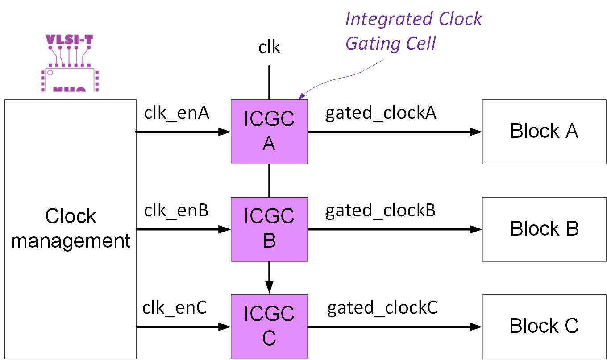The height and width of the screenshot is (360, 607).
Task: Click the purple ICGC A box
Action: [x=269, y=132]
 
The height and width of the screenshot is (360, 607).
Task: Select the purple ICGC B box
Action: [x=269, y=229]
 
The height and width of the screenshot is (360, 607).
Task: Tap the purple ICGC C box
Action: [x=269, y=327]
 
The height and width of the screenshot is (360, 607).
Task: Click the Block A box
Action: [x=544, y=132]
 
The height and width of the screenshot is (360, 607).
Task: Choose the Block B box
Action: [x=544, y=229]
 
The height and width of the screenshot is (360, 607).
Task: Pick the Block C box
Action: [x=544, y=327]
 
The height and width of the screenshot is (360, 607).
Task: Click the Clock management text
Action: [x=71, y=228]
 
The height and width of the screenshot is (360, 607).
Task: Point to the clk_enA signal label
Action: [x=176, y=114]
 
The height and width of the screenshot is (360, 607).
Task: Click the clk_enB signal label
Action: [x=176, y=211]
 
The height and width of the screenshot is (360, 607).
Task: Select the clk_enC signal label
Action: [x=175, y=308]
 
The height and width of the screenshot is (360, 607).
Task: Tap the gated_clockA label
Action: [x=381, y=114]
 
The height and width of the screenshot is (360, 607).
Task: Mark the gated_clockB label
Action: [x=380, y=211]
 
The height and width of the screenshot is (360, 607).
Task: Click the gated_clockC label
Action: [x=382, y=308]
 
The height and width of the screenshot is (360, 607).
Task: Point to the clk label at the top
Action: [x=269, y=47]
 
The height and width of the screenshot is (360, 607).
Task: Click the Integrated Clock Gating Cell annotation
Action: [x=413, y=31]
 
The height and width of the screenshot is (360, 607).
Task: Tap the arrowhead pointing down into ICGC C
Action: [x=269, y=287]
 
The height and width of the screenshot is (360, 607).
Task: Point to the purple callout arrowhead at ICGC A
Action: [x=301, y=96]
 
